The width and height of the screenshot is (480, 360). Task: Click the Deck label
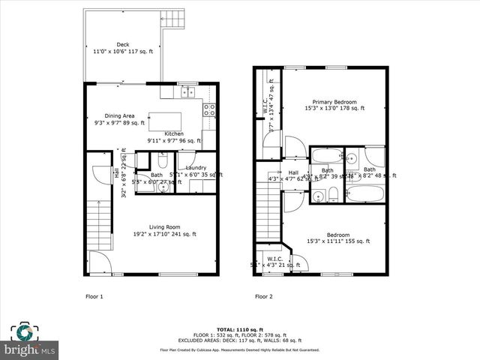pyautogui.click(x=121, y=49)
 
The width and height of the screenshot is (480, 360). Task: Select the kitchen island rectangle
pyautogui.click(x=170, y=121)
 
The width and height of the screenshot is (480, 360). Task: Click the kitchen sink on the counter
pyautogui.click(x=187, y=92)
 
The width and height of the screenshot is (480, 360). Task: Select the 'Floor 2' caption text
pyautogui.click(x=263, y=296)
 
